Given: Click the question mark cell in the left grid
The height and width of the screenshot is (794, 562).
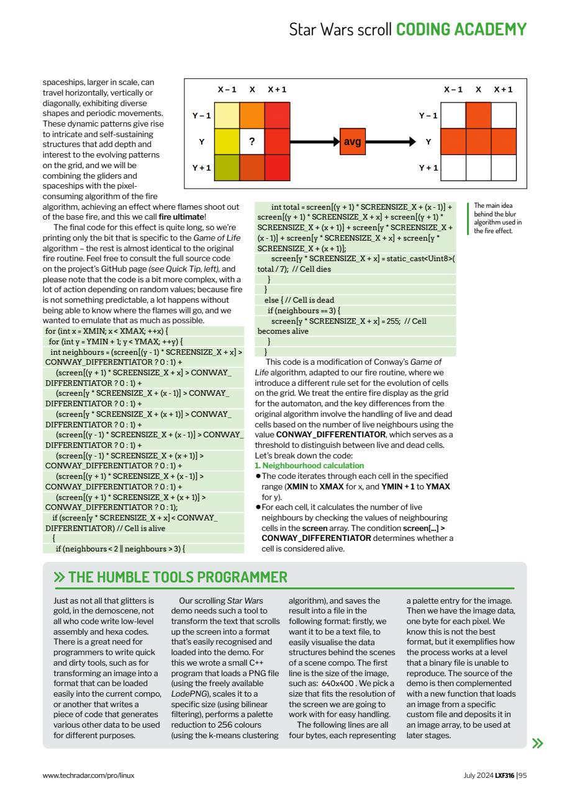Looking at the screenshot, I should click(x=252, y=141).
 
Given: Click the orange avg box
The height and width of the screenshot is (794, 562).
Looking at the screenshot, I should click(x=353, y=141).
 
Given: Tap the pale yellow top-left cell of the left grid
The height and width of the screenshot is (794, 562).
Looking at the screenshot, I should click(x=227, y=115).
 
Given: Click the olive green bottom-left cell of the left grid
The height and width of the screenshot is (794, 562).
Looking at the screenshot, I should click(x=227, y=167).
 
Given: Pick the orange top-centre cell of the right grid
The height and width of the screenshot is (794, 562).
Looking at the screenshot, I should click(x=478, y=115).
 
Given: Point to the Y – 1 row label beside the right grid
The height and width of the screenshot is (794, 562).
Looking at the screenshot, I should click(x=428, y=115).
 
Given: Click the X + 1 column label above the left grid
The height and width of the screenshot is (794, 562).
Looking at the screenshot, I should click(x=277, y=89).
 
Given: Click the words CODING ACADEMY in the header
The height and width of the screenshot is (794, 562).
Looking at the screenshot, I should click(x=461, y=29).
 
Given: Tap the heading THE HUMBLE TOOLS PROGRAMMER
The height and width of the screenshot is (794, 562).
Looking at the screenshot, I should click(x=178, y=578).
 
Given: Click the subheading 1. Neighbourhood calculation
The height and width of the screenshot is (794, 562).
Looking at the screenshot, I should click(x=301, y=465).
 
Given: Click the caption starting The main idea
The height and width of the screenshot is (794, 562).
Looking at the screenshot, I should click(x=497, y=218).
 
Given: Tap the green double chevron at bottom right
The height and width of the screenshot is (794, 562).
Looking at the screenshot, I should click(x=538, y=743).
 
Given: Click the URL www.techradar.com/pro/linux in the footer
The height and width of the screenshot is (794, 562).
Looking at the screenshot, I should click(x=88, y=775).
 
